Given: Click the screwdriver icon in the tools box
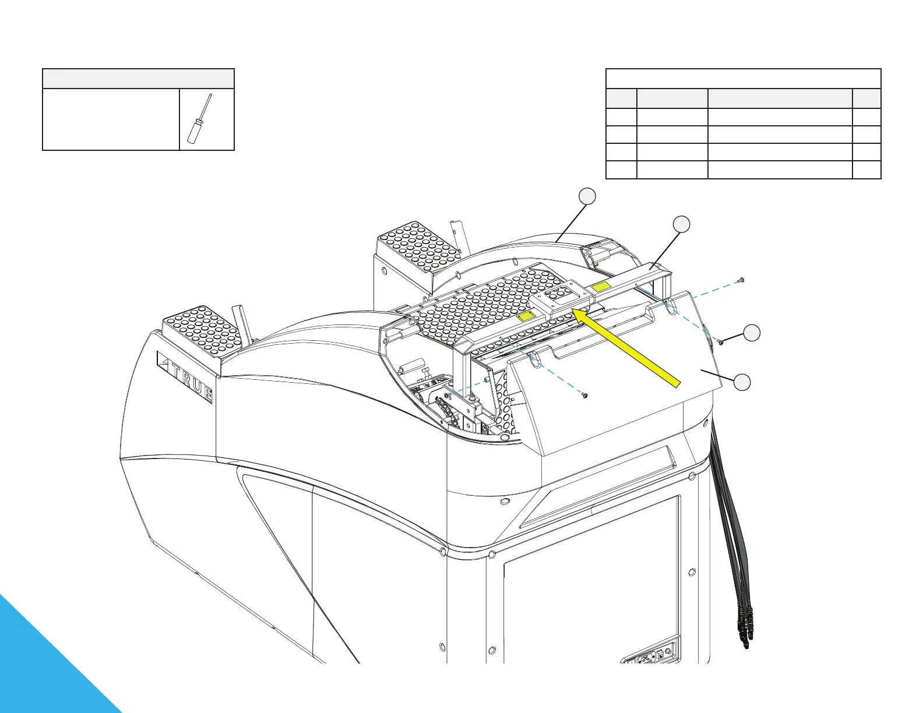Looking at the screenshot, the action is [x=199, y=118].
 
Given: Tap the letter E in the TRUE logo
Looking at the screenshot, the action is [x=207, y=393].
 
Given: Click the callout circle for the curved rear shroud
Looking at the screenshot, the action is [x=588, y=196].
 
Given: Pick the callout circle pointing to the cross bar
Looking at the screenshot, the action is [x=681, y=223].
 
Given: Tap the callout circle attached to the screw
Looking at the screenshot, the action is [x=752, y=332].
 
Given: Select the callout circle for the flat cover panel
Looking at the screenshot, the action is [x=742, y=382].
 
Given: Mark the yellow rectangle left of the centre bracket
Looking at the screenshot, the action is [x=526, y=316].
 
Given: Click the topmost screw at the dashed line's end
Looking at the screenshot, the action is [x=740, y=281].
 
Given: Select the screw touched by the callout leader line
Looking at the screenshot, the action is [x=721, y=342].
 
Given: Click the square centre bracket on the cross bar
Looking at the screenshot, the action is [x=563, y=297].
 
